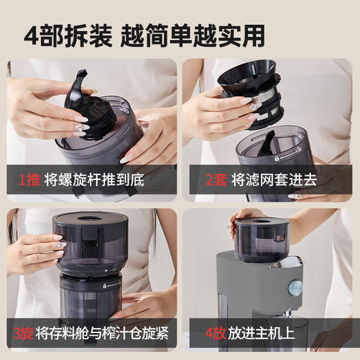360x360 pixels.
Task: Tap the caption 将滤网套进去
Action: [x=274, y=180]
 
